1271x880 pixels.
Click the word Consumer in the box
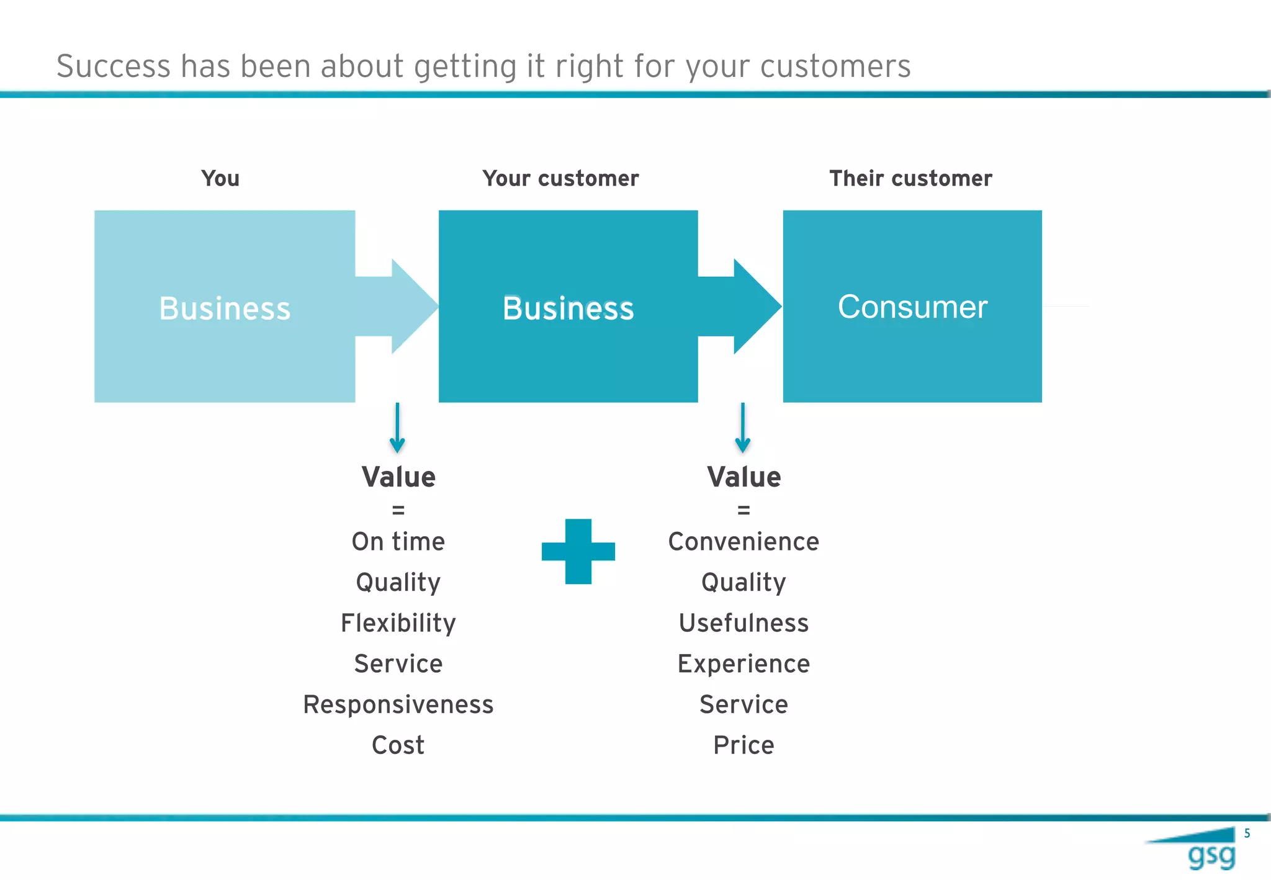click(912, 307)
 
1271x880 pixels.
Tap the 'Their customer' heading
click(910, 179)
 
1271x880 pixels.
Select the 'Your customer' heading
click(560, 179)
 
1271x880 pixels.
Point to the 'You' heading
click(220, 179)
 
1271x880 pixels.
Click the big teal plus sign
click(578, 551)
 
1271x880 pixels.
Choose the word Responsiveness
click(398, 705)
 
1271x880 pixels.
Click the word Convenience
click(743, 542)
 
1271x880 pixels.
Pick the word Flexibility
click(398, 623)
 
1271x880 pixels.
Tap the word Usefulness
click(743, 623)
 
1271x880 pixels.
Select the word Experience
click(743, 664)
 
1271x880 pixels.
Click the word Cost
click(398, 745)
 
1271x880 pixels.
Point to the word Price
click(743, 745)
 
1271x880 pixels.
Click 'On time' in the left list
click(398, 542)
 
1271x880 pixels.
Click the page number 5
click(1247, 833)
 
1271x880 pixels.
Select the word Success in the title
click(113, 66)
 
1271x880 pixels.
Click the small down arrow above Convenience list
click(742, 428)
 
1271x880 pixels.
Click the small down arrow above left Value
click(397, 428)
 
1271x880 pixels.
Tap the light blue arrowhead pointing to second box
click(413, 307)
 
